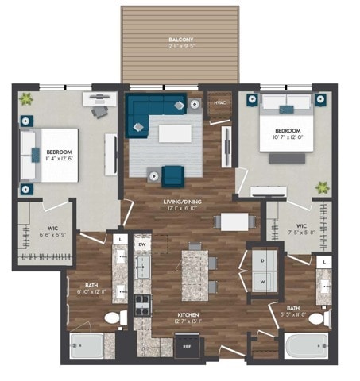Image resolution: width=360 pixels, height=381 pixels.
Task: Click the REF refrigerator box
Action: pos(188,346)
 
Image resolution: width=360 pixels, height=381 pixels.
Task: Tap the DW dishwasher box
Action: pos(142,245)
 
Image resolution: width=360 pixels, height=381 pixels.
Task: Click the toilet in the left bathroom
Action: pos(113,318)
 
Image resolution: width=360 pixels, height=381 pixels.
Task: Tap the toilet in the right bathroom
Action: pos(317,319)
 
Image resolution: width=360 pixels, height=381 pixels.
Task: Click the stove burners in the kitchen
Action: pos(142,302)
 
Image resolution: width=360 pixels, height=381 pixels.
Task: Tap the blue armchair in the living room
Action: pos(172,175)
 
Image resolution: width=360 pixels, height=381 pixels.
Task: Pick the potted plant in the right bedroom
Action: pos(322,188)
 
